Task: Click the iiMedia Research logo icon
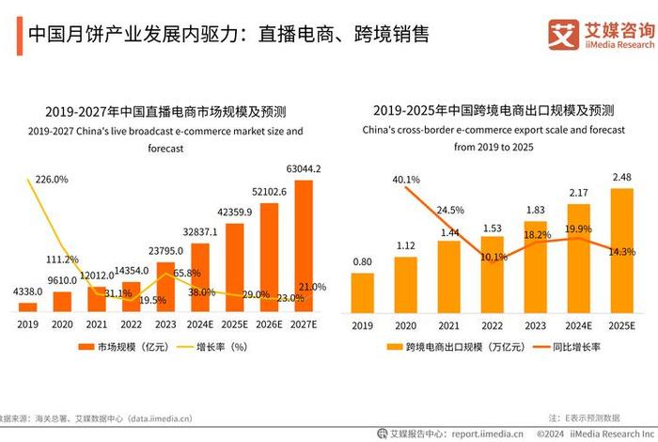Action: point(563,34)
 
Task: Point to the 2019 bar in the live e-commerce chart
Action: point(29,307)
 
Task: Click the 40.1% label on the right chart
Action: point(407,180)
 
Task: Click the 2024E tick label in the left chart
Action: point(199,324)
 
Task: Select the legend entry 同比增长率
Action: point(579,348)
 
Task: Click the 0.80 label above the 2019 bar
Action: point(362,261)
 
